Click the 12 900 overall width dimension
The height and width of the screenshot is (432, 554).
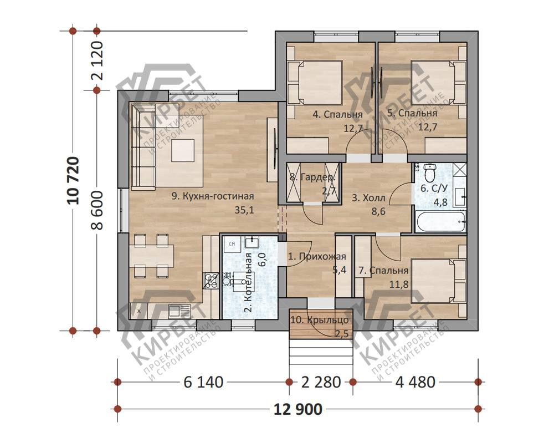point(298,409)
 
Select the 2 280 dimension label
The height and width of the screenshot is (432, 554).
point(321,382)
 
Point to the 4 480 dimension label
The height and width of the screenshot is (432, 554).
point(415,382)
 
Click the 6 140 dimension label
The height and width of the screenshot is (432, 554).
point(203,382)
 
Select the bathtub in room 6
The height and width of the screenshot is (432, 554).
point(440,222)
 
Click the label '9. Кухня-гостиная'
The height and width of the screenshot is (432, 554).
point(213,196)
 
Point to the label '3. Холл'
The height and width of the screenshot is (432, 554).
point(368,198)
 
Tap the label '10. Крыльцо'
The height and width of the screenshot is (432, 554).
point(320,320)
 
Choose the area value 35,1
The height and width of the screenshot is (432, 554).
point(244,211)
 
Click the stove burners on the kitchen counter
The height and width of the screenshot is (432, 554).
point(210,281)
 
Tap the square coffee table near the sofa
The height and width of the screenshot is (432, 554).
point(183,150)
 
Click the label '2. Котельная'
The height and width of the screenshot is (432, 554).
point(248,282)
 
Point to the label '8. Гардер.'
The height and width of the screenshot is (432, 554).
point(312,177)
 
